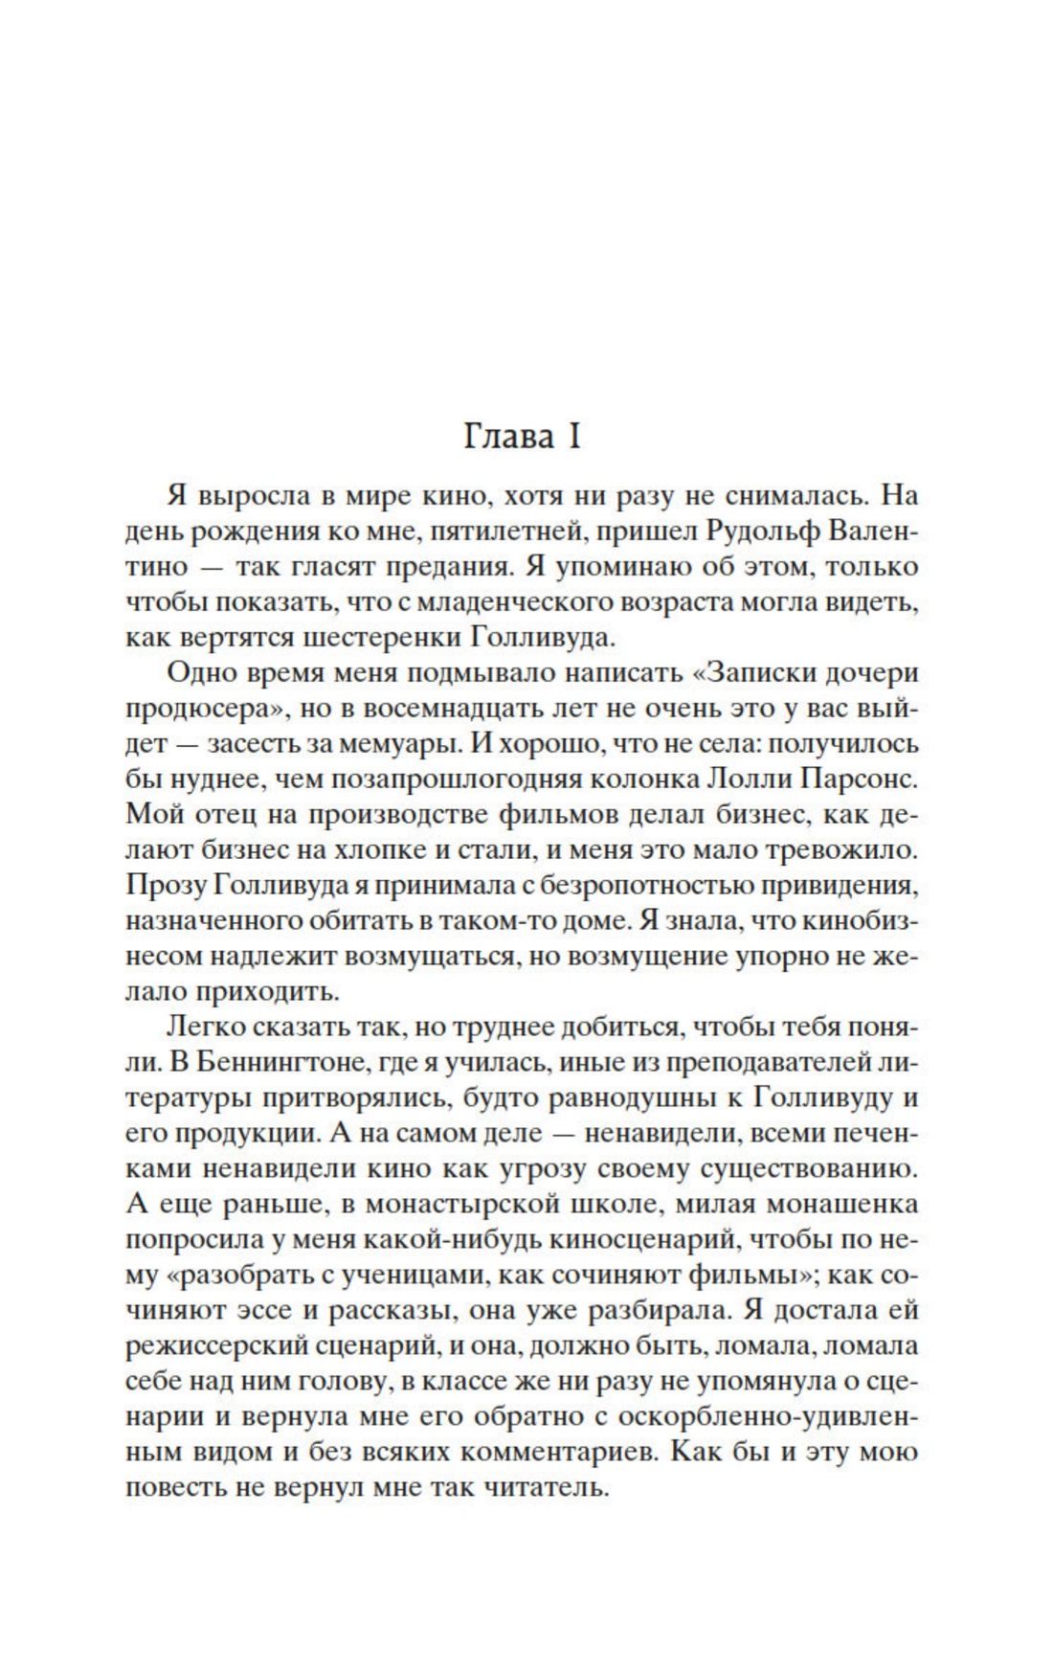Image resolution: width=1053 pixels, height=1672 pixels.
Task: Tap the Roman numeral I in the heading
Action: tap(574, 437)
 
